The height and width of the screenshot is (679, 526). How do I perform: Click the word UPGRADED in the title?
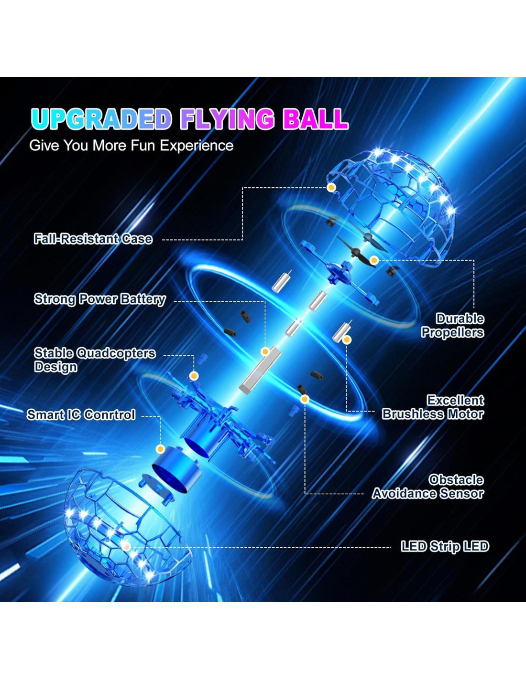tap(101, 119)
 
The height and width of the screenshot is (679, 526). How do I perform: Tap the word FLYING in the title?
tap(228, 119)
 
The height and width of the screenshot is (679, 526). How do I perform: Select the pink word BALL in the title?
tap(315, 119)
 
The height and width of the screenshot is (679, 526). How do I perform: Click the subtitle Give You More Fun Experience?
tap(131, 146)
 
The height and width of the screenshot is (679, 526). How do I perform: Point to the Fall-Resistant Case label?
tap(93, 239)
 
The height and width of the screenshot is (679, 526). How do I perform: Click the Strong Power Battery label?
tap(100, 299)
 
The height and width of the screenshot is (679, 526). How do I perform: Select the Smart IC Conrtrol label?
tap(81, 415)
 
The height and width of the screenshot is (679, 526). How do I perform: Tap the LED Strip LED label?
tap(445, 546)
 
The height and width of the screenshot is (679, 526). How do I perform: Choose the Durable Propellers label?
tap(453, 326)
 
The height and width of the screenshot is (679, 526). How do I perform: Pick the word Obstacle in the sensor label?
tap(456, 480)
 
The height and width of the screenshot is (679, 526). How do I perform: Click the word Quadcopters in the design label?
tap(116, 353)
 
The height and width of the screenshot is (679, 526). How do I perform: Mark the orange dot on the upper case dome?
tap(331, 188)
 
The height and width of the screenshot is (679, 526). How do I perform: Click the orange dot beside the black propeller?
tap(374, 260)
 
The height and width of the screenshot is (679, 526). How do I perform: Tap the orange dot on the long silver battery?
tap(265, 351)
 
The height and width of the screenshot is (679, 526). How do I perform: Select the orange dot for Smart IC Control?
tap(161, 449)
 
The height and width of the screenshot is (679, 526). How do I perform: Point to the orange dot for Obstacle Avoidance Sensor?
tap(305, 399)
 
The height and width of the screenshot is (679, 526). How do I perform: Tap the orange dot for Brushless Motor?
tap(347, 339)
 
